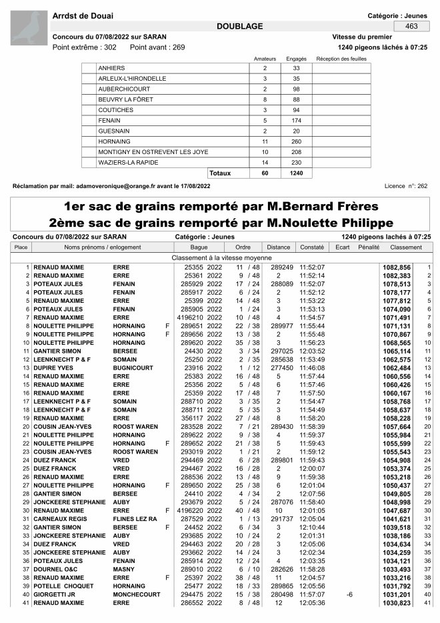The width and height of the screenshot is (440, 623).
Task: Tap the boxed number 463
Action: tap(411, 26)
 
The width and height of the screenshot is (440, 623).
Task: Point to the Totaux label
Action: tap(220, 173)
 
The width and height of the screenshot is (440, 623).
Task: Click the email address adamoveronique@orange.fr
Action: tap(125, 186)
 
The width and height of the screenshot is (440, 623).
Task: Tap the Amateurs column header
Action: tap(265, 59)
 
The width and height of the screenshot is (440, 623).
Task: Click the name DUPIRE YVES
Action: tap(54, 368)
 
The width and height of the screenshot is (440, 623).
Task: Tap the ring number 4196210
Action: tap(189, 318)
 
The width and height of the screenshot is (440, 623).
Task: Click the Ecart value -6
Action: tap(349, 594)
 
